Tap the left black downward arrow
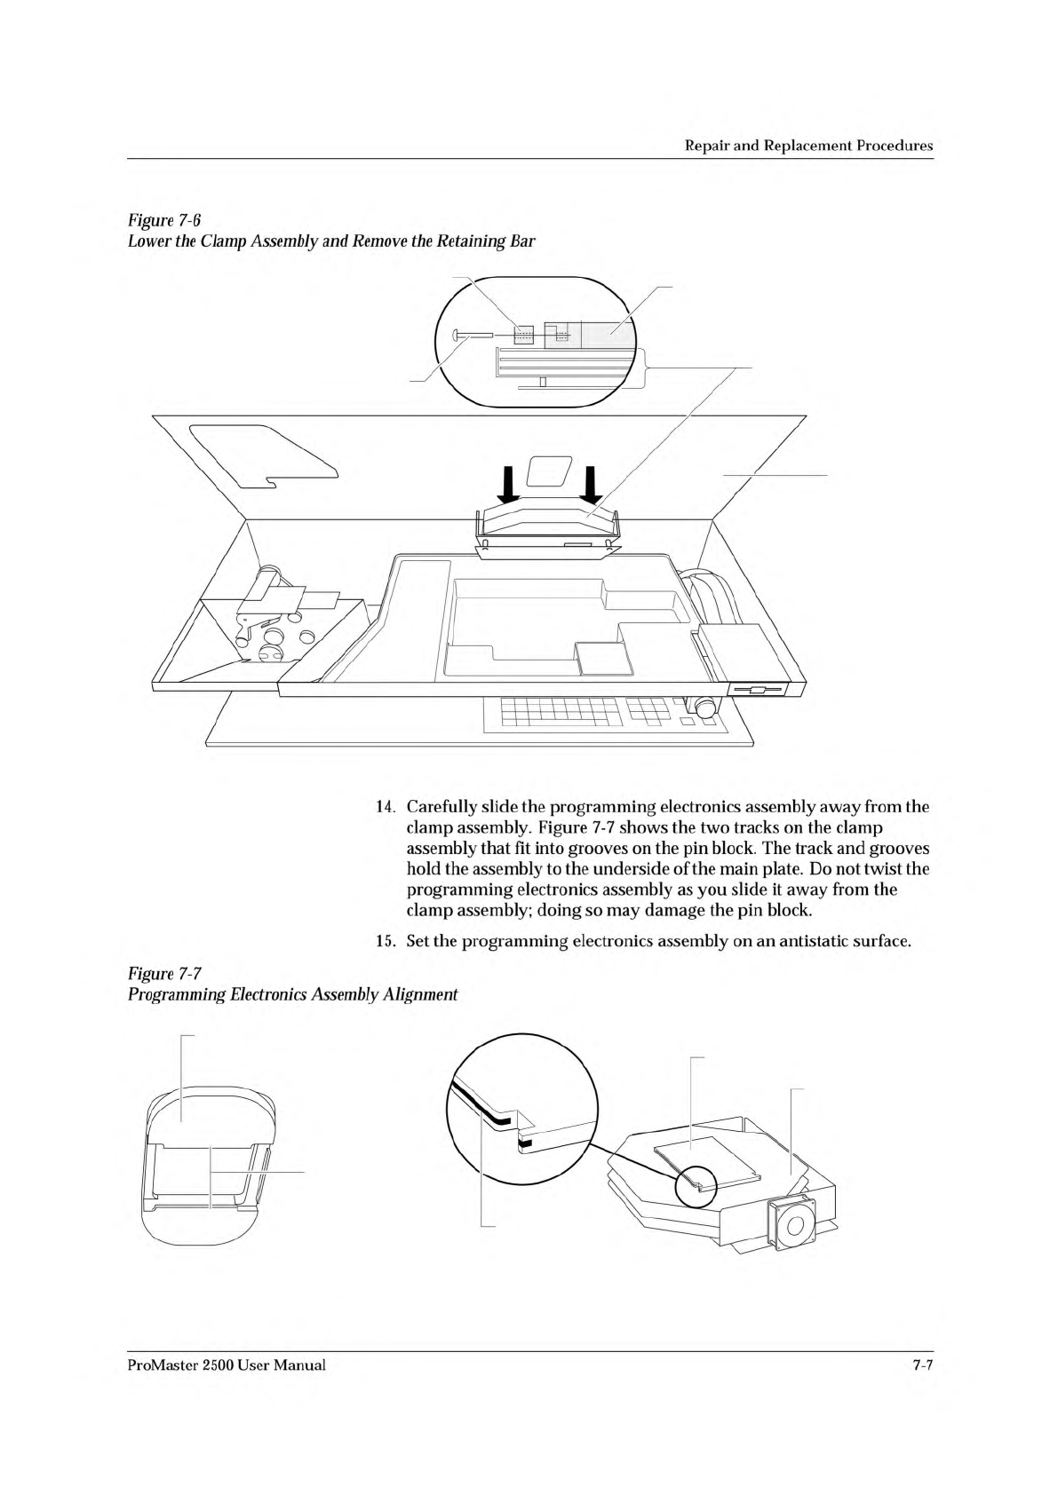507,484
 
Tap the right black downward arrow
591,484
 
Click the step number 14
385,808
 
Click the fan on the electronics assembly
793,1226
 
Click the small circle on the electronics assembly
698,1186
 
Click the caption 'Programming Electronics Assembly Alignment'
292,994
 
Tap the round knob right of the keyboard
706,708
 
